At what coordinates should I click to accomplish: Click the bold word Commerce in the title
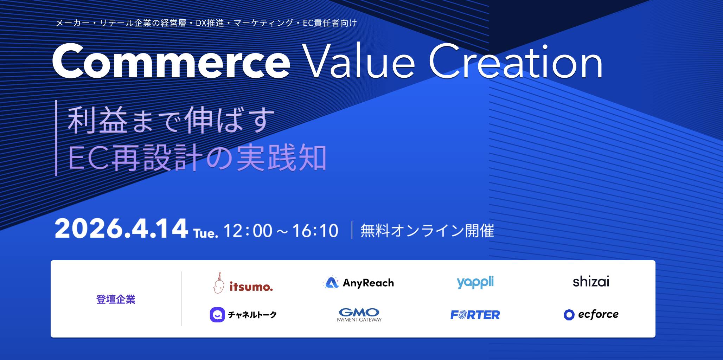(x=171, y=61)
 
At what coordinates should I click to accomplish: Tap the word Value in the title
(x=359, y=60)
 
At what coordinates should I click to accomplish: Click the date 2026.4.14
(x=121, y=229)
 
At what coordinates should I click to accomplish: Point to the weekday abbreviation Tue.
(x=206, y=233)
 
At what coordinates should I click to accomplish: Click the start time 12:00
(x=248, y=231)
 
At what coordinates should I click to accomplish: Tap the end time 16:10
(x=315, y=231)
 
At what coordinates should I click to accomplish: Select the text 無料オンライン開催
(x=427, y=231)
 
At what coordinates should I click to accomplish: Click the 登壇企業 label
(x=116, y=299)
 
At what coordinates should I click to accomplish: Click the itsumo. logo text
(x=251, y=287)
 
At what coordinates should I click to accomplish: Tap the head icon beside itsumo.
(x=219, y=283)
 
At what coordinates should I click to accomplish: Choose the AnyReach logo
(x=358, y=283)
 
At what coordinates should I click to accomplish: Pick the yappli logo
(x=475, y=282)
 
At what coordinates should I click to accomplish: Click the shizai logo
(x=591, y=282)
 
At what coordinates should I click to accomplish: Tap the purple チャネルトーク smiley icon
(x=217, y=315)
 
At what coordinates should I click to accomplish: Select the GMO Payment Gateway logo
(x=359, y=315)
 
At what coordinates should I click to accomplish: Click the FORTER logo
(x=475, y=315)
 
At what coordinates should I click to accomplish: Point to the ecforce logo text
(x=598, y=314)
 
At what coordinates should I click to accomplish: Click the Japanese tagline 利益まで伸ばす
(x=171, y=120)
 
